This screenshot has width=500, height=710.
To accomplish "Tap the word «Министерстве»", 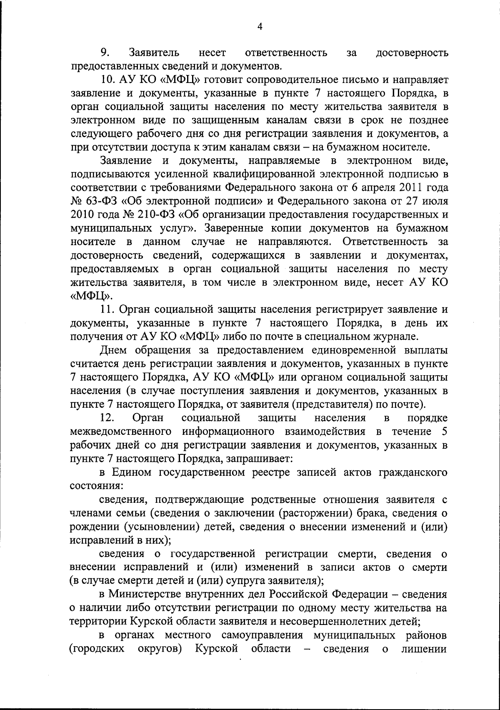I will pyautogui.click(x=147, y=594).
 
